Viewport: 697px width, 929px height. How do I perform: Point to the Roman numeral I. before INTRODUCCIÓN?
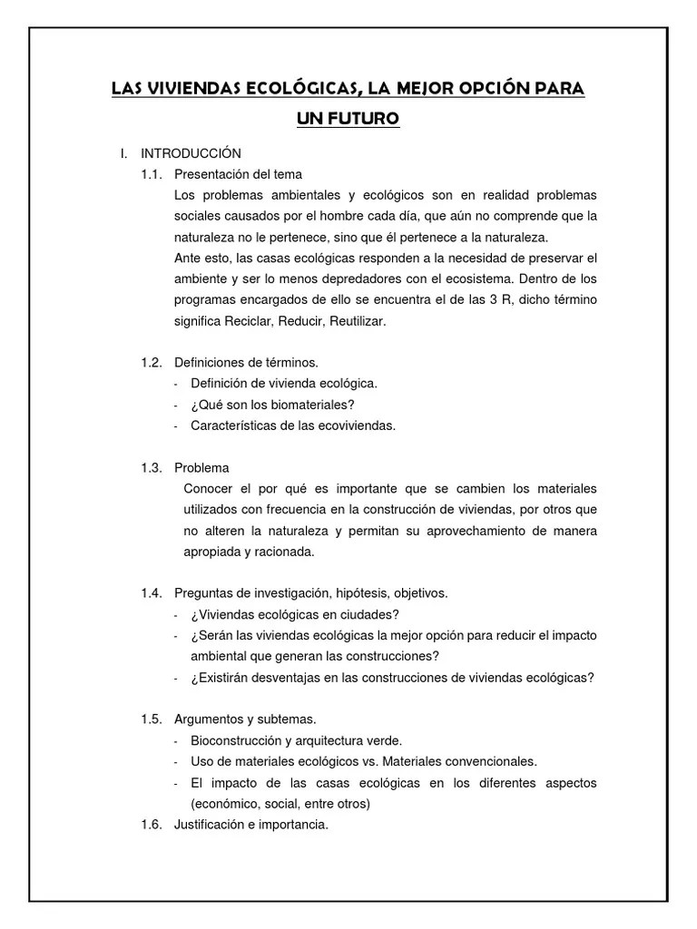coord(124,153)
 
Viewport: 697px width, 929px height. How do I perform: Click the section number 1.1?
coord(151,173)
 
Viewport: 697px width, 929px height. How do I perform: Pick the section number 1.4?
coord(151,593)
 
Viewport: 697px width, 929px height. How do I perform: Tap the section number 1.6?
coord(151,825)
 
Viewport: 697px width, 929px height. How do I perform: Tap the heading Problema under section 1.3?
coord(201,468)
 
